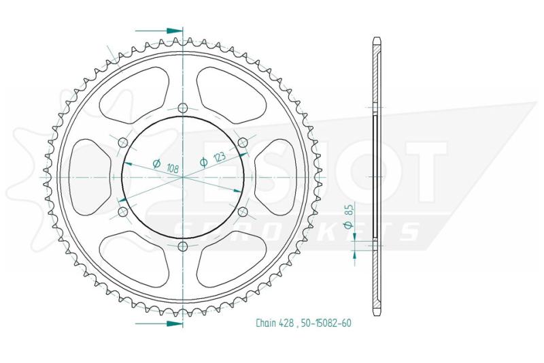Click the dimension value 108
coord(173,168)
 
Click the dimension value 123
coord(219,157)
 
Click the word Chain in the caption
coord(266,323)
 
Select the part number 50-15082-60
coord(326,323)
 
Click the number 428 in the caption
coord(286,323)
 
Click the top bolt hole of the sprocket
coord(182,108)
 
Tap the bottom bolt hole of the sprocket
coord(182,247)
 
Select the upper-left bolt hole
coord(123,142)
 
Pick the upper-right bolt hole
coord(243,142)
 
